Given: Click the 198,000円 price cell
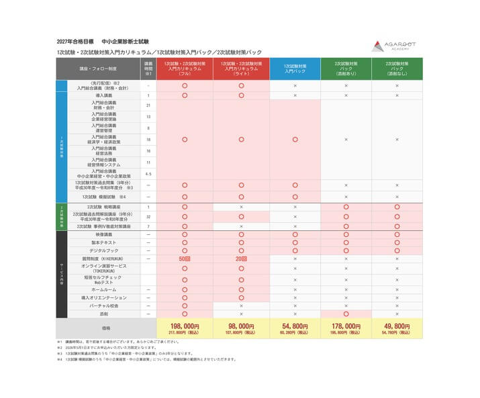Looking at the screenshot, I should click(185, 328).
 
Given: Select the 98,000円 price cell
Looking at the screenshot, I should click(241, 328).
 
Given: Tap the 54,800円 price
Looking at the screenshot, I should click(295, 328).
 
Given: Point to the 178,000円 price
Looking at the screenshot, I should click(346, 328).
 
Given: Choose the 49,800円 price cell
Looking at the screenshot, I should click(397, 328).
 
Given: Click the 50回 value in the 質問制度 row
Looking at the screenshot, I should click(185, 258).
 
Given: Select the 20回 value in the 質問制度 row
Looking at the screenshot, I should click(241, 258).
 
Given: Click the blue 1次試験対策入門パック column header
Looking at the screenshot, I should click(295, 68).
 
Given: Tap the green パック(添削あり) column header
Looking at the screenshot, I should click(346, 68).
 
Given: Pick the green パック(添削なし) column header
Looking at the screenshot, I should click(397, 68).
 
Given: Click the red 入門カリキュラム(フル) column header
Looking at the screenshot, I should click(185, 68).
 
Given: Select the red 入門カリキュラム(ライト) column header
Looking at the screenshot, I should click(241, 68).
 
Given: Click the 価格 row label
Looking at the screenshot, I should click(104, 328).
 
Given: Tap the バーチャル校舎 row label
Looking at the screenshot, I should click(104, 305).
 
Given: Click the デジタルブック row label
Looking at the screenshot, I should click(104, 250).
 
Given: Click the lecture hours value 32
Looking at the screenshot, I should click(148, 217).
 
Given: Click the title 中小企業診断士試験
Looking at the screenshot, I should click(132, 41).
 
